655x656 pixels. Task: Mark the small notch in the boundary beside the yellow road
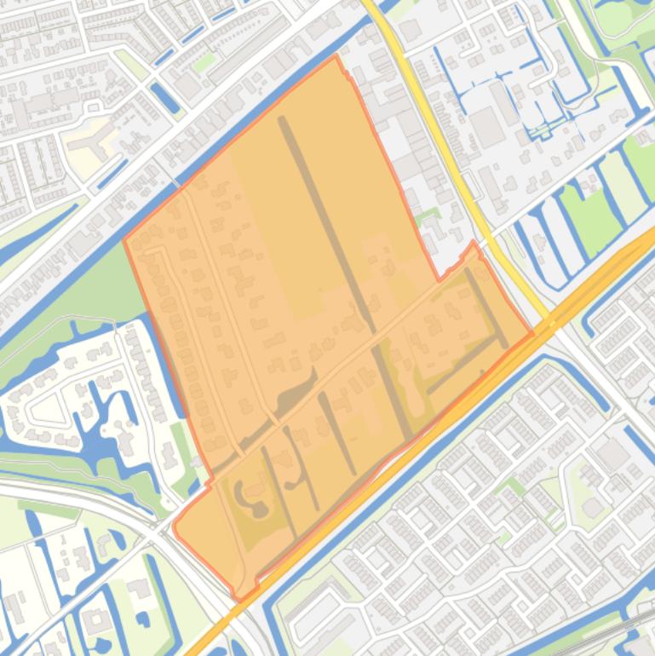tap(474, 247)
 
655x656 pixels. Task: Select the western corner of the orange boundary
tap(125, 240)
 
